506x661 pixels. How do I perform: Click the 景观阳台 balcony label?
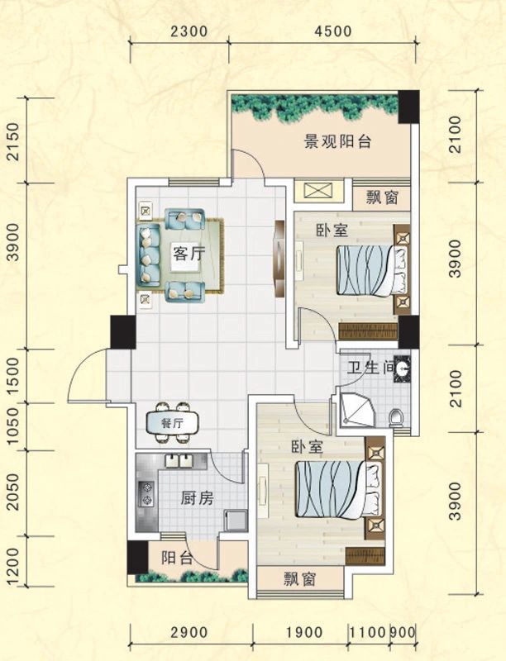pyautogui.click(x=338, y=142)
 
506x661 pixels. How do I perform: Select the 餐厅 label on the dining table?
pyautogui.click(x=172, y=423)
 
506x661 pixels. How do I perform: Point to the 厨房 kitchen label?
pyautogui.click(x=197, y=498)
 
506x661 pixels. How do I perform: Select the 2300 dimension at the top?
pyautogui.click(x=189, y=32)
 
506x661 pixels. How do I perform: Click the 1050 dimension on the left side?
pyautogui.click(x=12, y=427)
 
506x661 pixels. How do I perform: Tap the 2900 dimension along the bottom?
pyautogui.click(x=189, y=632)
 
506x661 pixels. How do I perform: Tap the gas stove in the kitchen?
pyautogui.click(x=146, y=494)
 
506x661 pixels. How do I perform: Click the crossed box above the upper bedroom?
pyautogui.click(x=316, y=191)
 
